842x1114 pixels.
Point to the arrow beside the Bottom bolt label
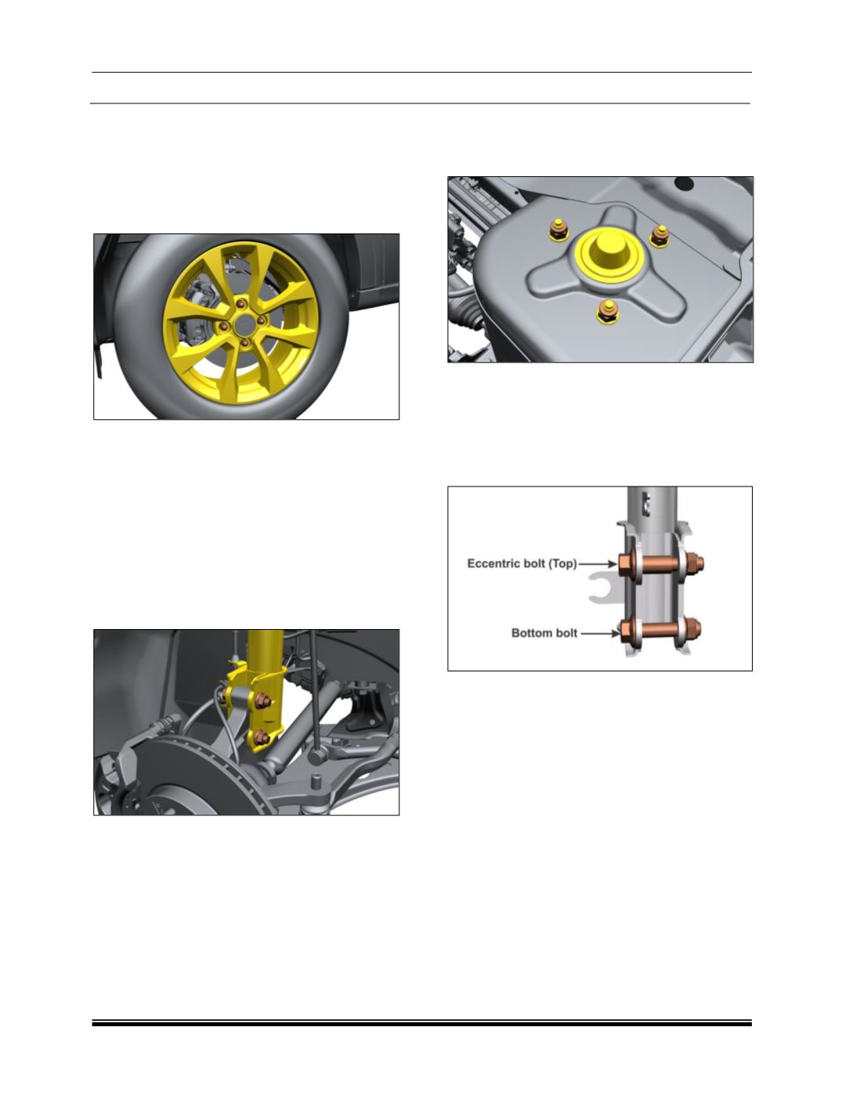click(600, 633)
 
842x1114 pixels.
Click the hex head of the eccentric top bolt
click(624, 563)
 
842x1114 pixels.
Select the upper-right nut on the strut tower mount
click(660, 236)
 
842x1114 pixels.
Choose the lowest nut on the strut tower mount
click(607, 312)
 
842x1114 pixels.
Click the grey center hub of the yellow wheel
click(245, 324)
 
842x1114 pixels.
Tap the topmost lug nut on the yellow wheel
click(241, 304)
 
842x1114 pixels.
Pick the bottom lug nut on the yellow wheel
click(244, 343)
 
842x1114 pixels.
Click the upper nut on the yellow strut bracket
click(262, 701)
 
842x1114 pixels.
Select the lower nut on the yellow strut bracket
click(262, 737)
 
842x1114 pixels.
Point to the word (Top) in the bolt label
click(563, 564)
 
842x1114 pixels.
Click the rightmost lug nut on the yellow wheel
click(261, 320)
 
